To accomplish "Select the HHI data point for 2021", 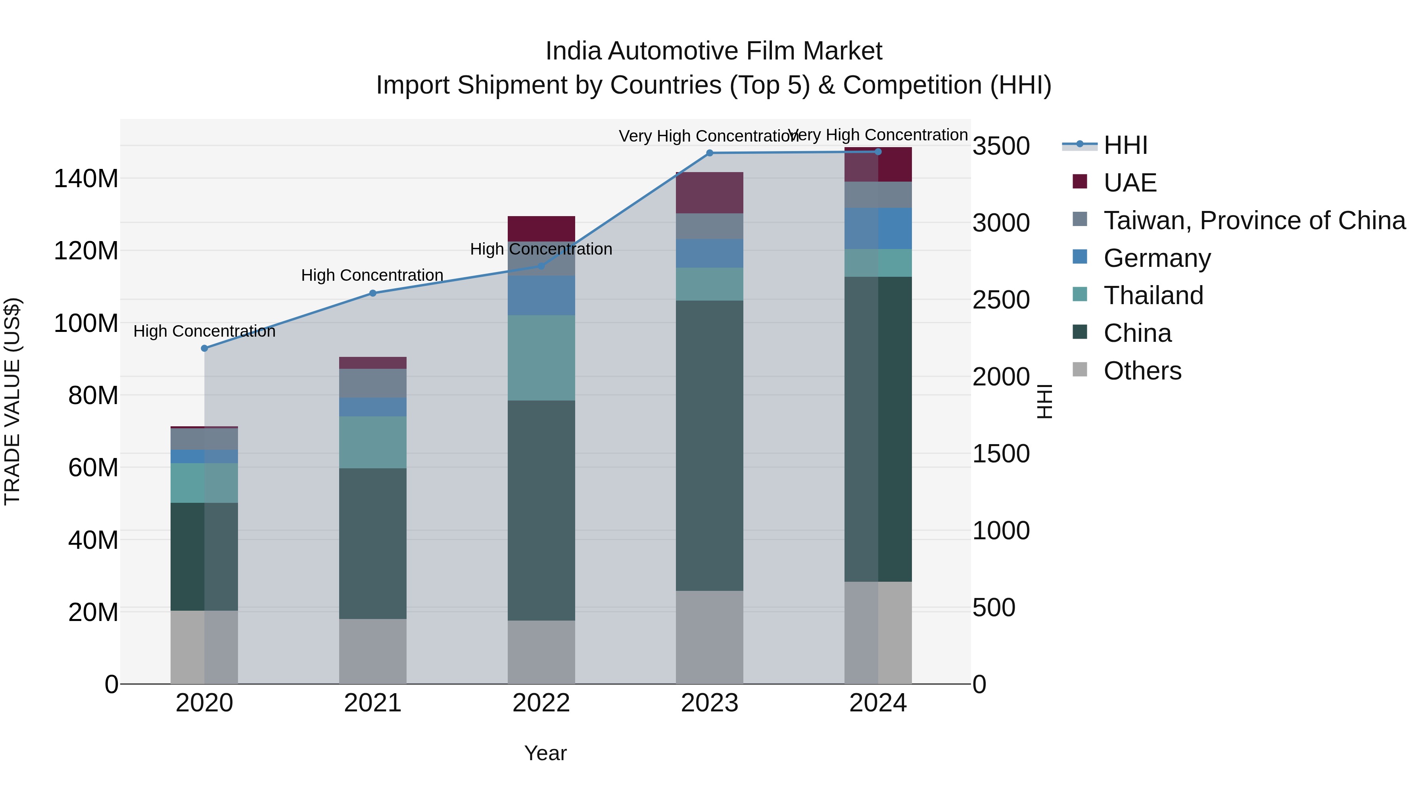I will pos(372,293).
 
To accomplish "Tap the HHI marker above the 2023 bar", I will pos(710,153).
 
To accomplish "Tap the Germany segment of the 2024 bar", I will pos(878,228).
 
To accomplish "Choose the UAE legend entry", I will pos(1130,183).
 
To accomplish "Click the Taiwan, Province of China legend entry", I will pos(1254,220).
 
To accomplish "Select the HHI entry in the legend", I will pos(1125,145).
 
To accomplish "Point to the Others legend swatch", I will pos(1080,370).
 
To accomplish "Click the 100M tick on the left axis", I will pos(86,323).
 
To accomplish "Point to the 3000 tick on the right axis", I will pos(1001,223).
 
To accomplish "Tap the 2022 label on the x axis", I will pos(541,703).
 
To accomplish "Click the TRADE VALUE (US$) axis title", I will pos(12,401).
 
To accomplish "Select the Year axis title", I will pos(545,753).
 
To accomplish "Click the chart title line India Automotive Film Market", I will pos(714,51).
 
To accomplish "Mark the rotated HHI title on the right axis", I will pos(1044,401).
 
